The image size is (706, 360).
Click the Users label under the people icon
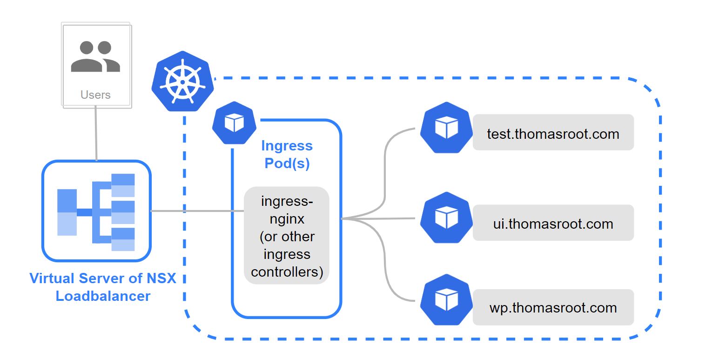(x=95, y=95)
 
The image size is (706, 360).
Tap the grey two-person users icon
(x=95, y=56)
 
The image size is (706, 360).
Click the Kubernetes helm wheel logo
(x=182, y=81)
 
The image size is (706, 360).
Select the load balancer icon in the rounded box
(x=96, y=211)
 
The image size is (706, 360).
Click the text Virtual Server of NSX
(x=103, y=278)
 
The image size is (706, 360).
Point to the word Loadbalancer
(x=103, y=296)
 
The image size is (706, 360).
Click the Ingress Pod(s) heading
(x=287, y=154)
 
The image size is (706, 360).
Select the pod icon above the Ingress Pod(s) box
(x=235, y=123)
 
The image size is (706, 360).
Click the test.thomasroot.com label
(x=553, y=134)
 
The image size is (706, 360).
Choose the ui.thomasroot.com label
(x=553, y=224)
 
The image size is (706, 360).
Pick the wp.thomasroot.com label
(x=553, y=308)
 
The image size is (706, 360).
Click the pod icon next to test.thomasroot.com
(x=446, y=128)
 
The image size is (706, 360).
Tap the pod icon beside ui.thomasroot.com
(x=446, y=217)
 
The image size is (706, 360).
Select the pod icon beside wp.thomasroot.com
(x=446, y=300)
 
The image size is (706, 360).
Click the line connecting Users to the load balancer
(x=96, y=135)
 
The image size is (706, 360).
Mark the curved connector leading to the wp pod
(x=385, y=265)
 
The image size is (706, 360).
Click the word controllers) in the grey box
(x=287, y=272)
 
